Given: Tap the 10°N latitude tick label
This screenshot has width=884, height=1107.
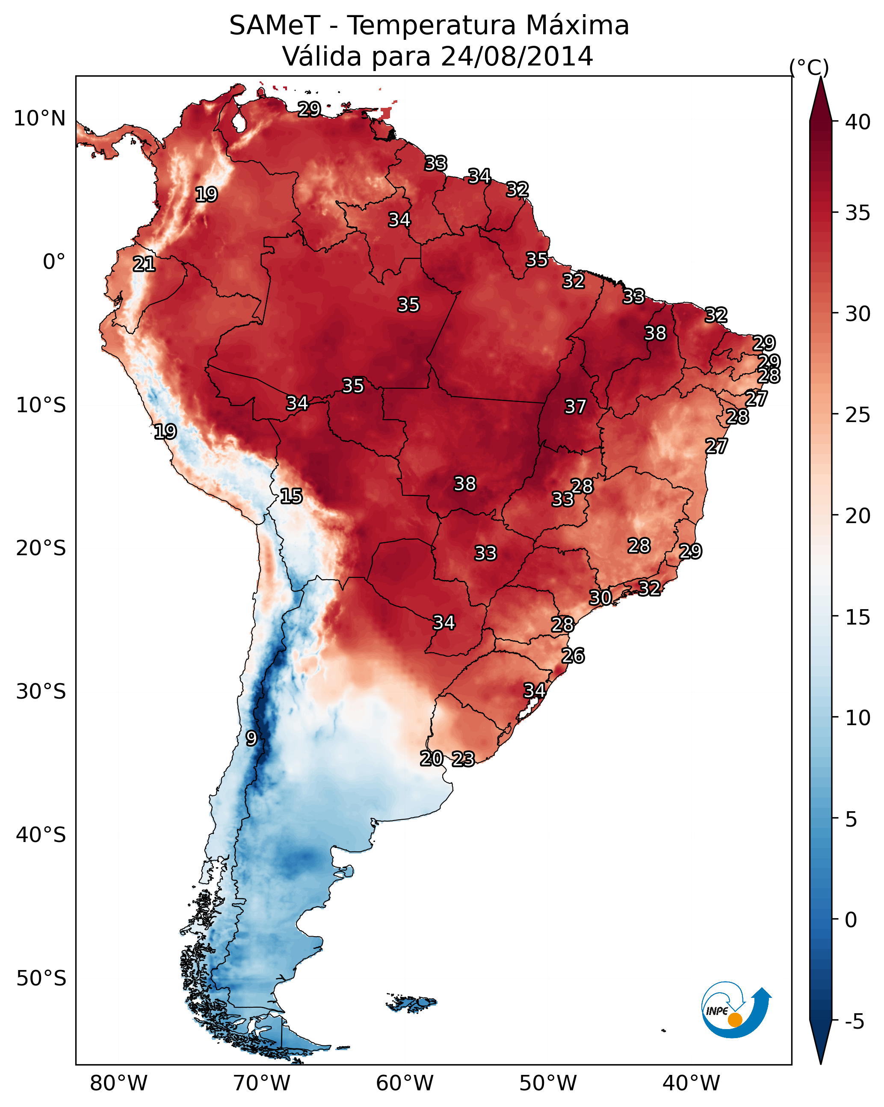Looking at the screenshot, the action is (x=39, y=119).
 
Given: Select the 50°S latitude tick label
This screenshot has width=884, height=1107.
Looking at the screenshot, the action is (x=41, y=978).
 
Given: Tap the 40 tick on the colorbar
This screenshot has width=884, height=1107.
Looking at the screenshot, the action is (x=858, y=122).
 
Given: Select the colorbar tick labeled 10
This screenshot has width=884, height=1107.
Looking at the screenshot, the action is (x=858, y=717).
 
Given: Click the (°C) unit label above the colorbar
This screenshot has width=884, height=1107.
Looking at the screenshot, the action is (x=809, y=67).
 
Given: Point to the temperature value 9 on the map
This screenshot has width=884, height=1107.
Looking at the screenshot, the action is (x=251, y=738).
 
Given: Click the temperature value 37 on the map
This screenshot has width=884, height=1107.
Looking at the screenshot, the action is (x=575, y=407).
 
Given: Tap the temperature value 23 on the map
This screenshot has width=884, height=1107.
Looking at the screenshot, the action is (x=463, y=759).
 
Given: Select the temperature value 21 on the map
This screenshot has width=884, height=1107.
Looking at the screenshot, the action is (x=144, y=265).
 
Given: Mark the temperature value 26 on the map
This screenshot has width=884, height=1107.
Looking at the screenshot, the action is (x=573, y=656).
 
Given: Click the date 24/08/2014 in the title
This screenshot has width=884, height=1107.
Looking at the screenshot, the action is (x=517, y=57).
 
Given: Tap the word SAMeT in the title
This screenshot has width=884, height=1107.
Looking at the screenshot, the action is (x=275, y=26).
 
